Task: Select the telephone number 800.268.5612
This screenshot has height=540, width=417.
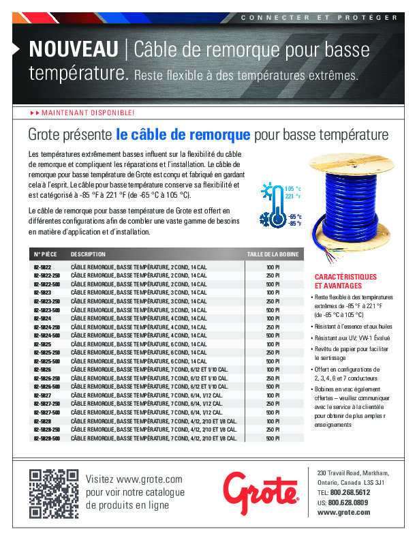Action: [350, 492]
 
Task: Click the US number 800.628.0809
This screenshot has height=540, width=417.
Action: [349, 502]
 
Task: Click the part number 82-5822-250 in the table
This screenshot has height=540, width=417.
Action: [47, 275]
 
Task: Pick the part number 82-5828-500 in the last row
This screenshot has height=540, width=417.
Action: [47, 438]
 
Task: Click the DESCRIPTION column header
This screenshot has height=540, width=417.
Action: [88, 254]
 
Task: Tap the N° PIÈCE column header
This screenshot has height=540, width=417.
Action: [45, 254]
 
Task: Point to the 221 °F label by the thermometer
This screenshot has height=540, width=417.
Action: [293, 196]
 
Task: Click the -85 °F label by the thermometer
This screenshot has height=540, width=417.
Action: [294, 223]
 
